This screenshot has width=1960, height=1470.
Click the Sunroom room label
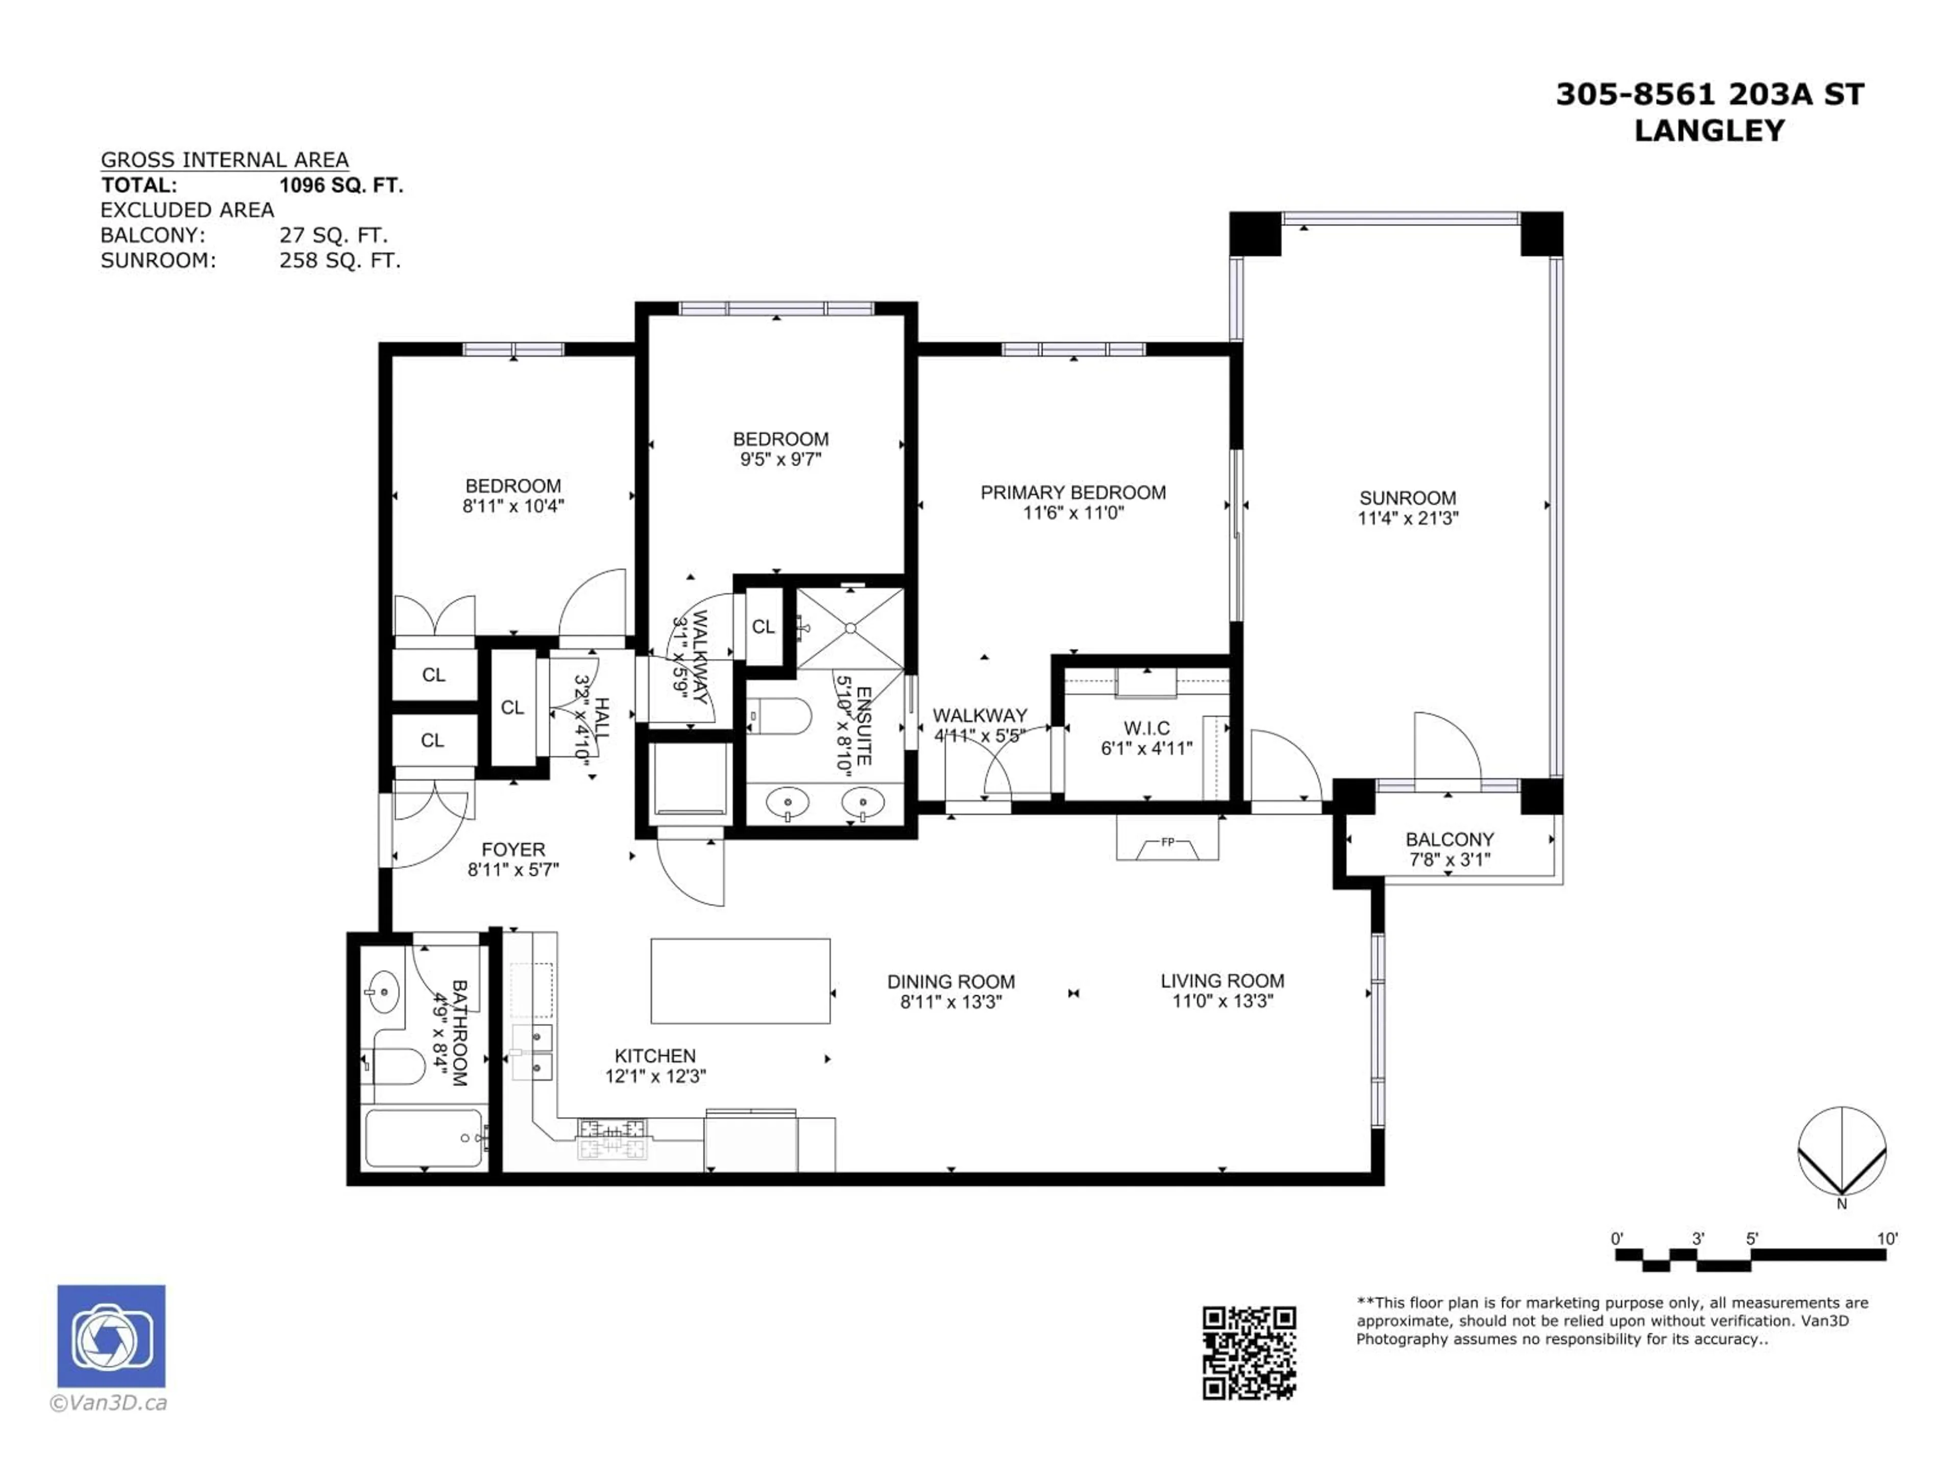pos(1407,498)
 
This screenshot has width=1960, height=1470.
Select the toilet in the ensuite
pos(780,717)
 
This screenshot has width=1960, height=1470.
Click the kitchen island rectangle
pos(740,981)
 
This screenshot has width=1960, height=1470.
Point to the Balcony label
pos(1450,839)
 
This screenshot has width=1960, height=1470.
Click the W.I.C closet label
pos(1146,728)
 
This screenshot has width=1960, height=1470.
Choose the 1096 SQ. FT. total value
pos(341,185)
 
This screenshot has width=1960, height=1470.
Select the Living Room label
pos(1222,981)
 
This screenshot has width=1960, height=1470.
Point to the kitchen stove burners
pos(611,1139)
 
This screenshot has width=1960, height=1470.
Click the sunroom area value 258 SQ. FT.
pos(340,260)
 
